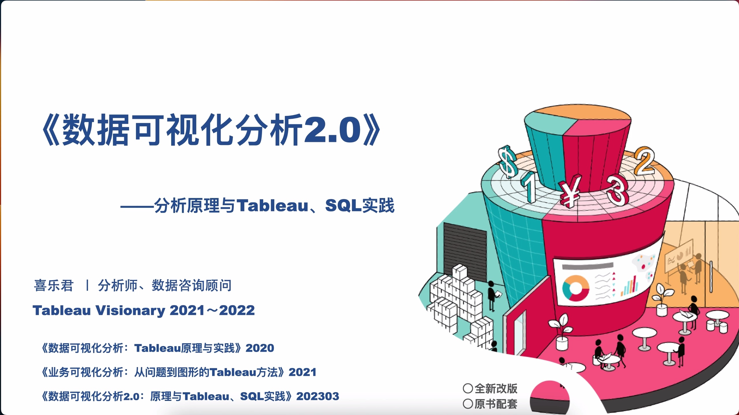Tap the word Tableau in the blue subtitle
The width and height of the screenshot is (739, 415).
tap(273, 206)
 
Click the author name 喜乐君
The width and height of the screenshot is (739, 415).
tap(54, 286)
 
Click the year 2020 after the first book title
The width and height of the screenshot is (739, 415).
tap(260, 348)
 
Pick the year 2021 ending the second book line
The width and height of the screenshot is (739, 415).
tap(302, 372)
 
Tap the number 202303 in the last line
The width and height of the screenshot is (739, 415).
tap(318, 396)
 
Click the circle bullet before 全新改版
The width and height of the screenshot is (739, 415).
tap(468, 388)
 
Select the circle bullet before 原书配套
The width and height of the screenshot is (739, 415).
tap(468, 404)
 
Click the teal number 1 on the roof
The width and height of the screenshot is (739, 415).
tap(529, 186)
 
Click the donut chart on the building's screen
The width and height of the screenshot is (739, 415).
tap(576, 288)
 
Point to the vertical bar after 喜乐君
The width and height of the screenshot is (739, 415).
tap(87, 286)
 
